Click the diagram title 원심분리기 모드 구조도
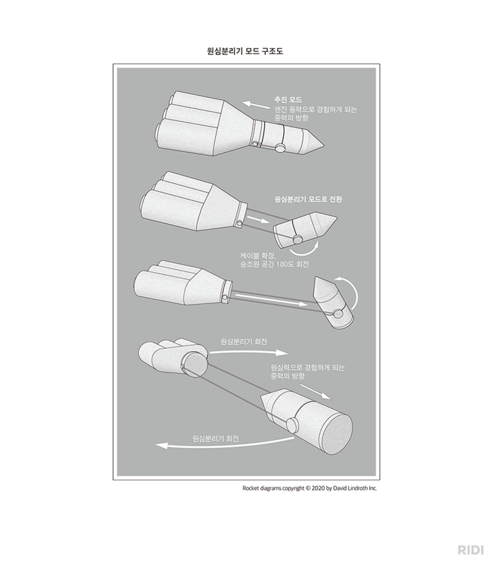[x=245, y=51]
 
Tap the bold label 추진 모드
[x=288, y=100]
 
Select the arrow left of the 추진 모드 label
[x=256, y=105]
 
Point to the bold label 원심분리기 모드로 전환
[x=308, y=199]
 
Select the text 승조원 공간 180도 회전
[x=274, y=264]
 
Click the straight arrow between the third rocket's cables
[x=272, y=300]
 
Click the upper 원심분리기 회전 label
[x=244, y=342]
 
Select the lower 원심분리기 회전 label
[x=215, y=438]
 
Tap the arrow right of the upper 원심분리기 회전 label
[x=249, y=352]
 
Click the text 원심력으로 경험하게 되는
[x=307, y=368]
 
